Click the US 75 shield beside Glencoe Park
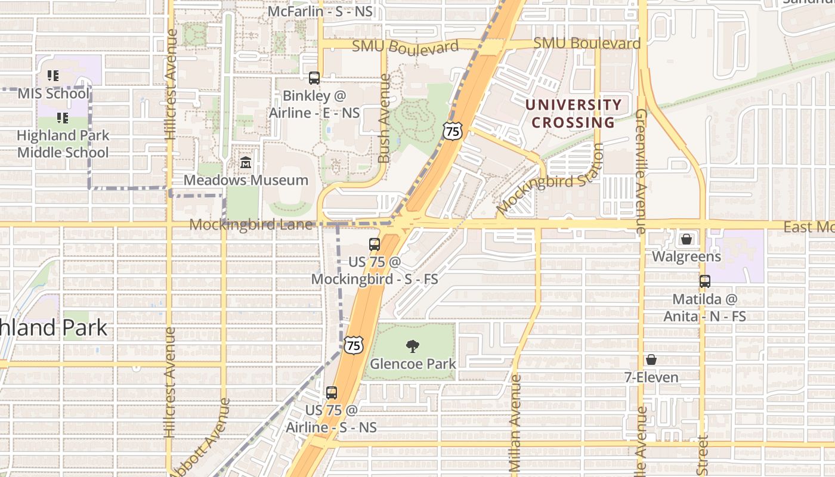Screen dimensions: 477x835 pyautogui.click(x=353, y=345)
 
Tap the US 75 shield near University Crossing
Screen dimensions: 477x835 pyautogui.click(x=452, y=131)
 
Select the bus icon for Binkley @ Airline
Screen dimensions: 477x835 pyautogui.click(x=314, y=78)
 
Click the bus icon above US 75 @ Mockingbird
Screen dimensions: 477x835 pyautogui.click(x=375, y=244)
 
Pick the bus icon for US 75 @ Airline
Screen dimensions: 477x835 pyautogui.click(x=332, y=393)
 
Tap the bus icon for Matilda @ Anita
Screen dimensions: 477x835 pyautogui.click(x=705, y=281)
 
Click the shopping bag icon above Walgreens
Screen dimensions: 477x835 pyautogui.click(x=686, y=239)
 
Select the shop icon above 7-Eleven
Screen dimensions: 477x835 pyautogui.click(x=651, y=360)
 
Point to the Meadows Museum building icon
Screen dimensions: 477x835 pyautogui.click(x=245, y=162)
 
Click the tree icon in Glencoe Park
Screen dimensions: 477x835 pyautogui.click(x=412, y=346)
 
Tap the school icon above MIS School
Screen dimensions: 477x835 pyautogui.click(x=53, y=76)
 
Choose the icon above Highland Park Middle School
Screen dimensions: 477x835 pyautogui.click(x=63, y=118)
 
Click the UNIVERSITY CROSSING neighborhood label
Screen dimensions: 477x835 pyautogui.click(x=573, y=114)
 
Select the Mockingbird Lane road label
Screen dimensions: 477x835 pyautogui.click(x=251, y=225)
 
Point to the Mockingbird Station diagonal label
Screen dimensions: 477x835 pyautogui.click(x=549, y=186)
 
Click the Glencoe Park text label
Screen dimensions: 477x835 pyautogui.click(x=413, y=364)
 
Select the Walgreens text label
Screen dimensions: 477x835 pyautogui.click(x=686, y=257)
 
